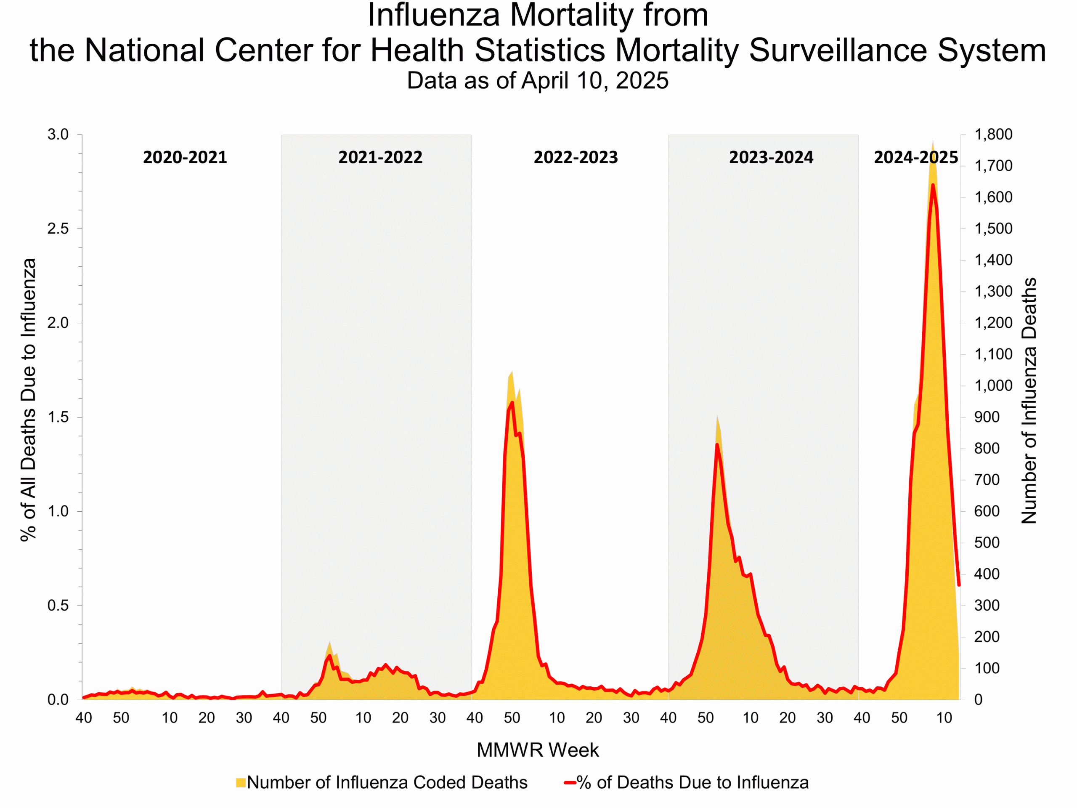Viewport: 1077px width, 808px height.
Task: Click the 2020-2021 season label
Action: (x=185, y=157)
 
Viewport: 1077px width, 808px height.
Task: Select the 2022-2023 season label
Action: (x=576, y=157)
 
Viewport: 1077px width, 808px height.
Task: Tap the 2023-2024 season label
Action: (x=771, y=157)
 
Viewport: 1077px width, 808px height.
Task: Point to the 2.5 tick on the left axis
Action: (x=58, y=229)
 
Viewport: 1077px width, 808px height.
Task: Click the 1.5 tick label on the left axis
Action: (x=58, y=417)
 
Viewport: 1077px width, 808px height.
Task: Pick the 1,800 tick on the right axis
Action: (x=993, y=134)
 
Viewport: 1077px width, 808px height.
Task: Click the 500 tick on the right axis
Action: (x=987, y=542)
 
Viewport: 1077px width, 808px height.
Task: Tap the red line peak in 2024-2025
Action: (x=933, y=185)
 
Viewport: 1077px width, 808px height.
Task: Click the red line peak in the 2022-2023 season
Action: (x=512, y=402)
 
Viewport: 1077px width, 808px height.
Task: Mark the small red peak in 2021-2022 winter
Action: (x=330, y=656)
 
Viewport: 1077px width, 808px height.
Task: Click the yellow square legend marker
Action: (x=241, y=783)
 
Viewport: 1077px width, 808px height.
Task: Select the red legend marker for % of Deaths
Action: (x=570, y=783)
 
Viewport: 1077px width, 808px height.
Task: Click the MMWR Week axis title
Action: (x=538, y=750)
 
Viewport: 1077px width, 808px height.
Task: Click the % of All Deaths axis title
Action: (x=28, y=400)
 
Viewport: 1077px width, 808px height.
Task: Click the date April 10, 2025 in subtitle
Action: (x=594, y=80)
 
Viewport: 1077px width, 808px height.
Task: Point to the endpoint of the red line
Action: (x=959, y=585)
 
